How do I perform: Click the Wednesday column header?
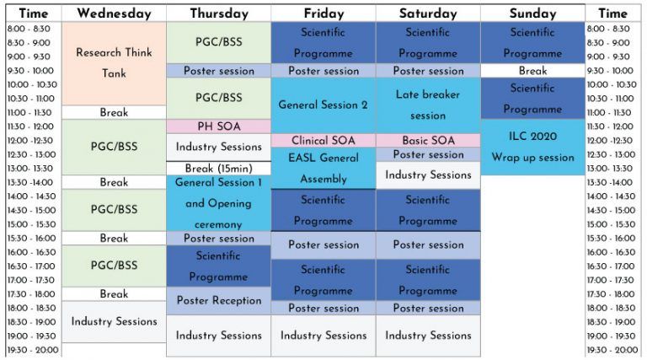(114, 13)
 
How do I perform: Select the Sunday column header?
(532, 13)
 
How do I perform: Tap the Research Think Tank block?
(114, 63)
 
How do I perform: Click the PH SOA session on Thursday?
(219, 126)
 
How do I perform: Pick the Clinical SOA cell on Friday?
(323, 140)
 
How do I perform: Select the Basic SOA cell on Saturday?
(428, 140)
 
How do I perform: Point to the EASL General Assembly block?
(323, 168)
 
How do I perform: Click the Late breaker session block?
(428, 105)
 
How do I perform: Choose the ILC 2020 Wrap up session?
(532, 147)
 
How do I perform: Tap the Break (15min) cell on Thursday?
(219, 169)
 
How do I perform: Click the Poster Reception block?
(219, 300)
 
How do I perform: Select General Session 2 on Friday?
(323, 105)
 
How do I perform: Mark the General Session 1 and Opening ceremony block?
(219, 203)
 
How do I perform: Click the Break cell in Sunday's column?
(532, 71)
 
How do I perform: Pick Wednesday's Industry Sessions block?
(114, 321)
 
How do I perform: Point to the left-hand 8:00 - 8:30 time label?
(29, 29)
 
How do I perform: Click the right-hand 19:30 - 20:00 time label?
(612, 350)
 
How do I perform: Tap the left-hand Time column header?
(34, 13)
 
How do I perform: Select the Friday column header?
(323, 13)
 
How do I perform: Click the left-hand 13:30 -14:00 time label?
(29, 182)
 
